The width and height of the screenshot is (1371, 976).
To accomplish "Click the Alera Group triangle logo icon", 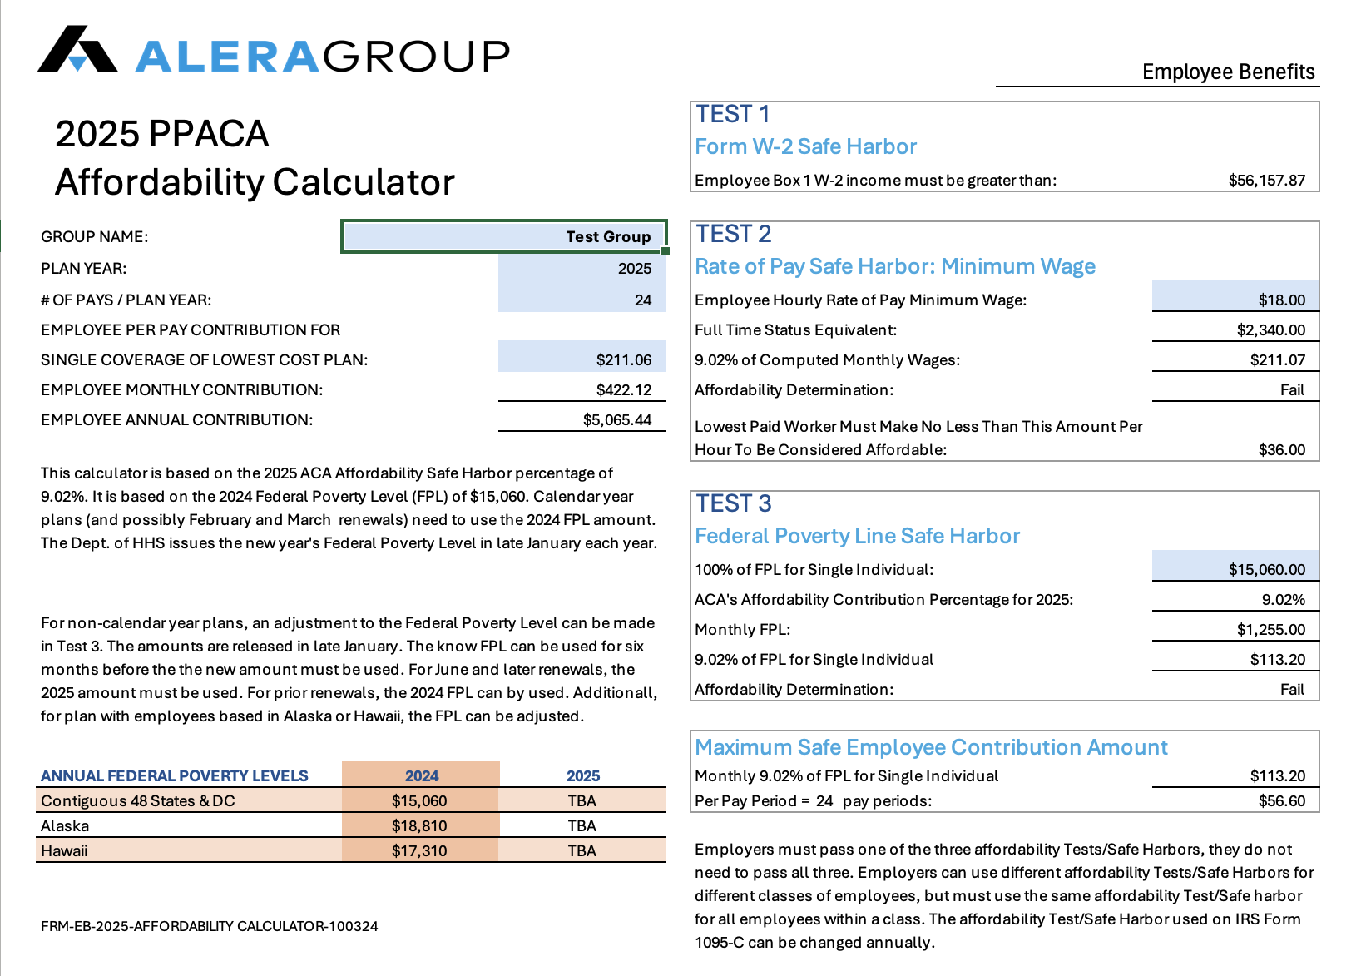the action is [x=77, y=49].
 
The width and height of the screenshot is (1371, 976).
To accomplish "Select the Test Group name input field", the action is [x=503, y=236].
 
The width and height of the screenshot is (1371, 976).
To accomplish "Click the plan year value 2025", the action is [x=635, y=268].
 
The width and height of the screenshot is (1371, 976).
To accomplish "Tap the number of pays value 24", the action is [x=642, y=300].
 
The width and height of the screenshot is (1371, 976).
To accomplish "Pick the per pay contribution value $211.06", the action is [x=624, y=359].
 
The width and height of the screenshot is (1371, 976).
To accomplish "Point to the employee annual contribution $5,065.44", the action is [x=617, y=419].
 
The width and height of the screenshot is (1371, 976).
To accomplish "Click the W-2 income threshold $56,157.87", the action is [x=1266, y=180].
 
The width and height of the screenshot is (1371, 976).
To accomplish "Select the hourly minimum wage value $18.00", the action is [x=1282, y=300].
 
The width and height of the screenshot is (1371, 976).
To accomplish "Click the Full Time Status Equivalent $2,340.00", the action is [x=1270, y=330].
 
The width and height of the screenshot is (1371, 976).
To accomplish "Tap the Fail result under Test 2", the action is [x=1292, y=390].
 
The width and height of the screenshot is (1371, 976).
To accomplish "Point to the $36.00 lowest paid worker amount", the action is [x=1282, y=450].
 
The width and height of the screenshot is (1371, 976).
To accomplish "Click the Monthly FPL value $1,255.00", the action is [x=1270, y=629].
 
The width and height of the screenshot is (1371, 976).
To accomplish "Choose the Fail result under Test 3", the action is [x=1292, y=690].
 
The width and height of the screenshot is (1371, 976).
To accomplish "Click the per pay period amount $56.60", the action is [x=1282, y=801].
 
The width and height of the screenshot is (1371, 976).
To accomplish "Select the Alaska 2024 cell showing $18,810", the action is [x=419, y=826].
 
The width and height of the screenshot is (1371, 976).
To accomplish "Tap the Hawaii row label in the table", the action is [x=64, y=851].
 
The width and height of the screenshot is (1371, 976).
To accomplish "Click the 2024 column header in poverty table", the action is [x=422, y=775].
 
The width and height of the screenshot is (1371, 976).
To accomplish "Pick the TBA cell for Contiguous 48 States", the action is [x=582, y=801].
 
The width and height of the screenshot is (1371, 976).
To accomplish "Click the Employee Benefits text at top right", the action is [x=1229, y=72].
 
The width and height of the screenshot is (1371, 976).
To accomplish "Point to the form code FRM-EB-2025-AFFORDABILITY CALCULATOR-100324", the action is [x=210, y=926].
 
